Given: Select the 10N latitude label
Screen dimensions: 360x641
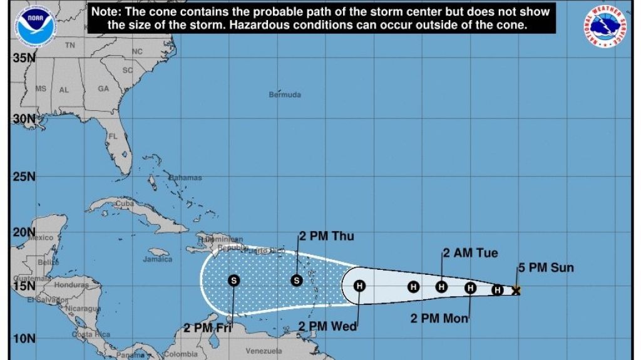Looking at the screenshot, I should point(24,339).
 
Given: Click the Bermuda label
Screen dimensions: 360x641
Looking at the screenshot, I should point(285,95).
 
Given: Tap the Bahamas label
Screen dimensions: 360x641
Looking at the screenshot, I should point(186,178).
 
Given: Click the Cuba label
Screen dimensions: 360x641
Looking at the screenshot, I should point(125,203).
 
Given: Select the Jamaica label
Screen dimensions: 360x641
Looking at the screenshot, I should point(157,259).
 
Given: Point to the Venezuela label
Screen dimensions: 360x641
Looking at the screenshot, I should point(264,351).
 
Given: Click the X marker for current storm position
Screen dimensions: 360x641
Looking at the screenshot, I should point(516,290).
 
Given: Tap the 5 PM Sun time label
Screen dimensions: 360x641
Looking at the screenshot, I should point(545,268).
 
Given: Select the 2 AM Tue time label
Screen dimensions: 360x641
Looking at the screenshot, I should point(471,253).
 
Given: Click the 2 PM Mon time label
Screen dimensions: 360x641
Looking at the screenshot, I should point(439,319).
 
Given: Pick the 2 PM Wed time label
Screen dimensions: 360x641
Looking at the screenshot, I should point(327,326).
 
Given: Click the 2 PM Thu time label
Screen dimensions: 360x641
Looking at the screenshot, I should point(326,236).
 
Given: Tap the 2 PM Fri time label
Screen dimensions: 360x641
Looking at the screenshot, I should point(208,327).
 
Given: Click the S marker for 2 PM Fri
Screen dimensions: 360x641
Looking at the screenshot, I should point(233,280).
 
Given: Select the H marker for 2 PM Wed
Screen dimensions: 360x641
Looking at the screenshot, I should point(359,286).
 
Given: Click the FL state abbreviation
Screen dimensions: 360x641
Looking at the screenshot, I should point(113,136).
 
